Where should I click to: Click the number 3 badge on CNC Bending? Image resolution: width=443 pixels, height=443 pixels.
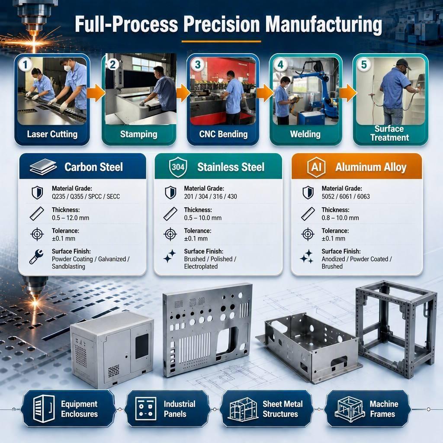tap(197, 64)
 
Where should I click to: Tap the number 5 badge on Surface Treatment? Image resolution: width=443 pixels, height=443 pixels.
tap(363, 64)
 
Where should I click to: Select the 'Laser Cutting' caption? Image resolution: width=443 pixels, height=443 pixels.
tap(52, 134)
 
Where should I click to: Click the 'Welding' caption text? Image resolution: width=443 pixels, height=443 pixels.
tap(305, 134)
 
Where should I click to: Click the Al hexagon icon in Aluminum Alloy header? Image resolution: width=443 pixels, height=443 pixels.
tap(316, 167)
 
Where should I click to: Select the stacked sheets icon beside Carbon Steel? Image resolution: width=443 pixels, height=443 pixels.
tap(43, 167)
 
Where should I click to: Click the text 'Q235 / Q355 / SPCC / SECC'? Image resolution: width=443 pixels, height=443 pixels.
tap(86, 197)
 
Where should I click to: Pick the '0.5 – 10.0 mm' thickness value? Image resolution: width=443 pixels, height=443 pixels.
tap(202, 218)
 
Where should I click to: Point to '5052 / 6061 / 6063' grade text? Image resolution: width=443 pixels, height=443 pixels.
tap(346, 197)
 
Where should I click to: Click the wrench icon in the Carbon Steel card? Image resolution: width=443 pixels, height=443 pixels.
tap(36, 257)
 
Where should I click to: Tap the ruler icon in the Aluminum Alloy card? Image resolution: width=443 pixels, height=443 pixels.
tap(308, 214)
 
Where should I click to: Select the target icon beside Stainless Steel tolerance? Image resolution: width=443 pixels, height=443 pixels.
tap(170, 234)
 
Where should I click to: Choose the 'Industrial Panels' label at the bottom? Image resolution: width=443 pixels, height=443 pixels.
tap(180, 409)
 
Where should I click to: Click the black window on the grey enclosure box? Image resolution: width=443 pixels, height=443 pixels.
tap(142, 346)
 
